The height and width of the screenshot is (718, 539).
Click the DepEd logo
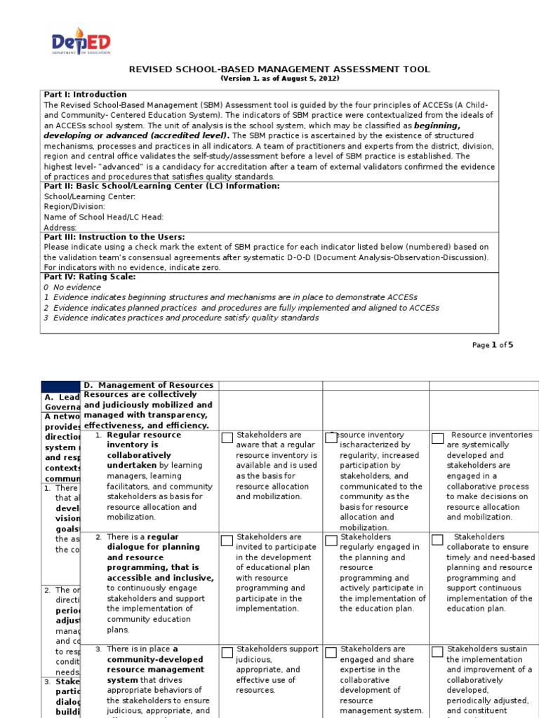point(81,41)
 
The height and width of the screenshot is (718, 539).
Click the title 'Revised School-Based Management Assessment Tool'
point(279,69)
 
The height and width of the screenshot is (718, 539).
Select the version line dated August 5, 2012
point(279,79)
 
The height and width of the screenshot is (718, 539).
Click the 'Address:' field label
point(60,228)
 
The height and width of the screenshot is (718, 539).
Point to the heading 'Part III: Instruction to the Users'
point(114,237)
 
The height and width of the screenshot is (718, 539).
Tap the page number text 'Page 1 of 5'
point(493,345)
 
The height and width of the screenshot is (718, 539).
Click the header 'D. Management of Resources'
point(148,385)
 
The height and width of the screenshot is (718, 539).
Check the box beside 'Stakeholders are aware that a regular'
point(227,438)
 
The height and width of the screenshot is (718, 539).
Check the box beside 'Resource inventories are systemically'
point(437,438)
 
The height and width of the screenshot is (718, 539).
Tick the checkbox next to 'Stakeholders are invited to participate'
point(227,540)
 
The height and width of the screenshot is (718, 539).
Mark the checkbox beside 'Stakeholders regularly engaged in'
point(331,540)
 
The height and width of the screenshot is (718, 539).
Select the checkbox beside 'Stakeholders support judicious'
point(227,652)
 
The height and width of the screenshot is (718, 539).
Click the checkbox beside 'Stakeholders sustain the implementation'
point(437,652)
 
